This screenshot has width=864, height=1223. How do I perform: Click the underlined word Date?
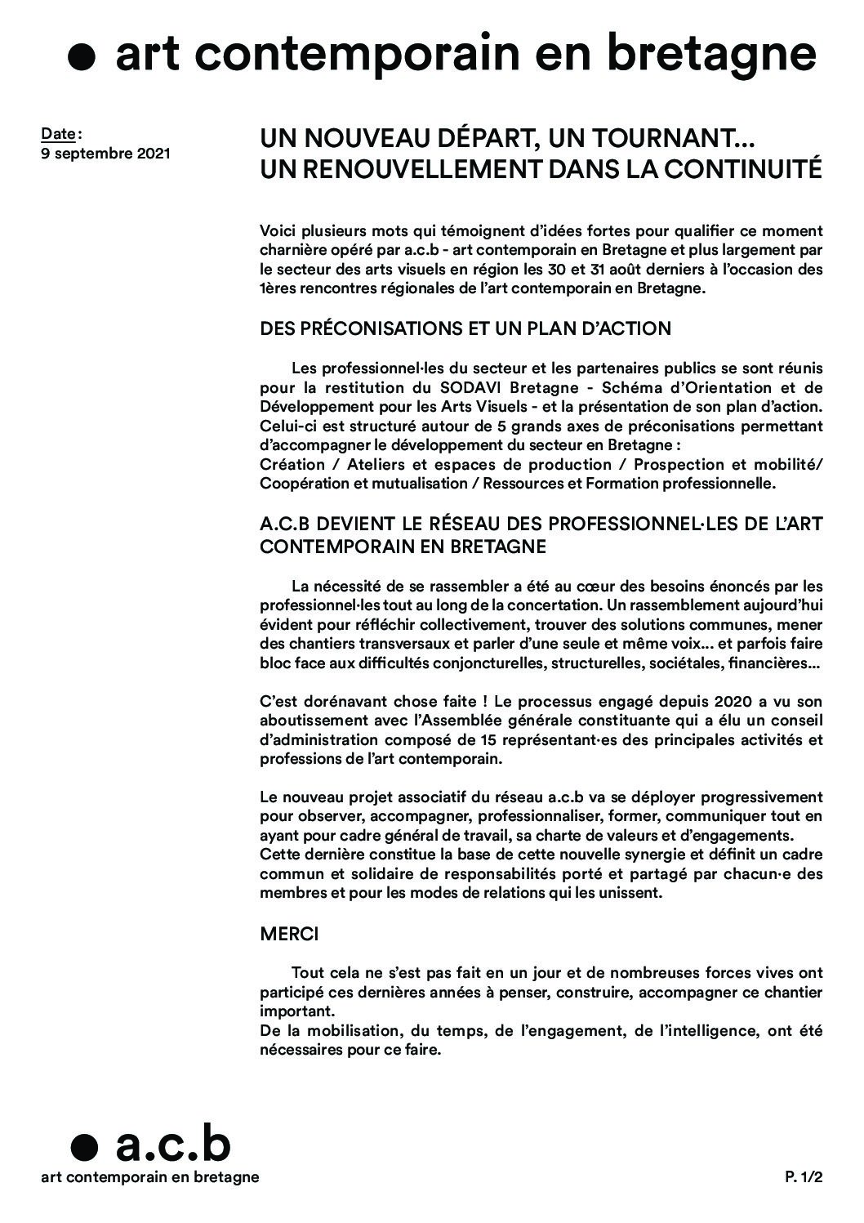59,133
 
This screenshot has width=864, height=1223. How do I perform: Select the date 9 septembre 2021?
106,153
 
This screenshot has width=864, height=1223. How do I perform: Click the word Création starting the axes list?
292,465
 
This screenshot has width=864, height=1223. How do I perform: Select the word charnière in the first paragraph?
294,250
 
